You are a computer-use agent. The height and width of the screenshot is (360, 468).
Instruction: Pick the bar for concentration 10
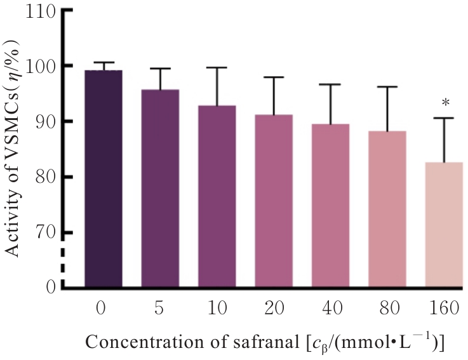pos(217,197)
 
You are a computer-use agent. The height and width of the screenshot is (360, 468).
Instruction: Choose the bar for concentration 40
pos(330,206)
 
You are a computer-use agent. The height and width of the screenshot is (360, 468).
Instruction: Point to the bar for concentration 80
pos(387,210)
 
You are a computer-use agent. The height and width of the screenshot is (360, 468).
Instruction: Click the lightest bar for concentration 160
pos(443,225)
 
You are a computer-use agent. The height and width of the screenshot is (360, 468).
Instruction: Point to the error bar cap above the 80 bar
pos(387,87)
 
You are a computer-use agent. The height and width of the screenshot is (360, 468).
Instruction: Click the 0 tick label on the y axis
pos(49,288)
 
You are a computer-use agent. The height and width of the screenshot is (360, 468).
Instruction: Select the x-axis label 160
pos(443,309)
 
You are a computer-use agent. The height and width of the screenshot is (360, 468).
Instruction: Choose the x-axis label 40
pos(330,309)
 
